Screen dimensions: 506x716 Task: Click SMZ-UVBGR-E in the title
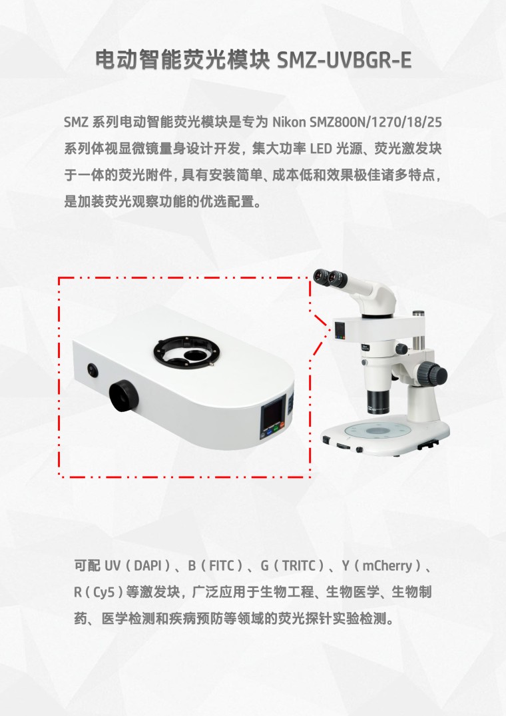344,60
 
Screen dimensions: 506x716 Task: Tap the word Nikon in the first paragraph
289,123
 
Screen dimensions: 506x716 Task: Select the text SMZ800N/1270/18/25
376,123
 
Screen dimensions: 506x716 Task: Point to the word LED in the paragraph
321,149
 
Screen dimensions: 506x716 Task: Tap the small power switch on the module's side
93,370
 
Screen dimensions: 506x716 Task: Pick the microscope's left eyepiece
320,276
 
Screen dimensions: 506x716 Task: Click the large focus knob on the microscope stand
433,373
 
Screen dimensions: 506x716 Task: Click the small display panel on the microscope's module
340,330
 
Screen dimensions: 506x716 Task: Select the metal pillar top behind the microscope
419,314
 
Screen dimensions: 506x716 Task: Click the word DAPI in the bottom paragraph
148,566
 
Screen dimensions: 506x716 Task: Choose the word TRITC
299,566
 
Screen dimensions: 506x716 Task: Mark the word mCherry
387,566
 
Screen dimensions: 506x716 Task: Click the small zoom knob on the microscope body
401,349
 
